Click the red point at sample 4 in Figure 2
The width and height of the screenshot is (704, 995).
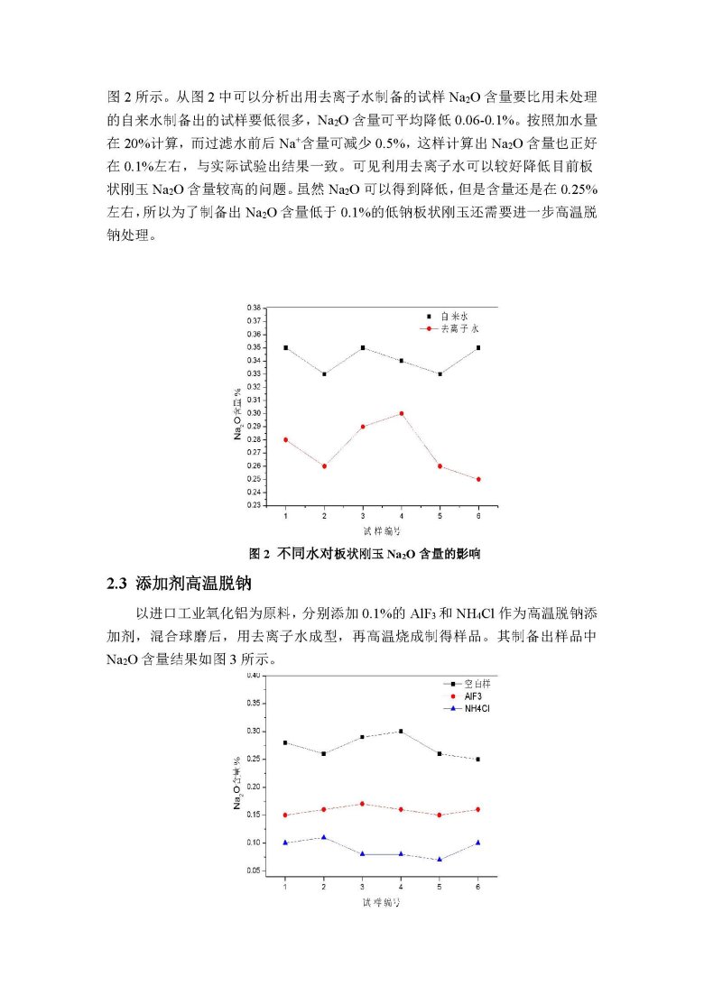[x=401, y=413]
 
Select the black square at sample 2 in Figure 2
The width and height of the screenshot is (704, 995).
[x=324, y=373]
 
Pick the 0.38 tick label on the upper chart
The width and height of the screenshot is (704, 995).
[x=254, y=308]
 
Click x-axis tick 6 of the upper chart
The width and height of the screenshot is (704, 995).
[x=478, y=516]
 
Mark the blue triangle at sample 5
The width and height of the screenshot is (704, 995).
[x=440, y=859]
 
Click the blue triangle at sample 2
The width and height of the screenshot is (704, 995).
[x=324, y=837]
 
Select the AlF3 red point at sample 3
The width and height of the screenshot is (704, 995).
[x=363, y=804]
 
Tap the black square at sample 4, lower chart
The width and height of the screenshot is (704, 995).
[x=401, y=732]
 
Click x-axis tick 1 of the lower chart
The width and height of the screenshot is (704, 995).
[x=285, y=887]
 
